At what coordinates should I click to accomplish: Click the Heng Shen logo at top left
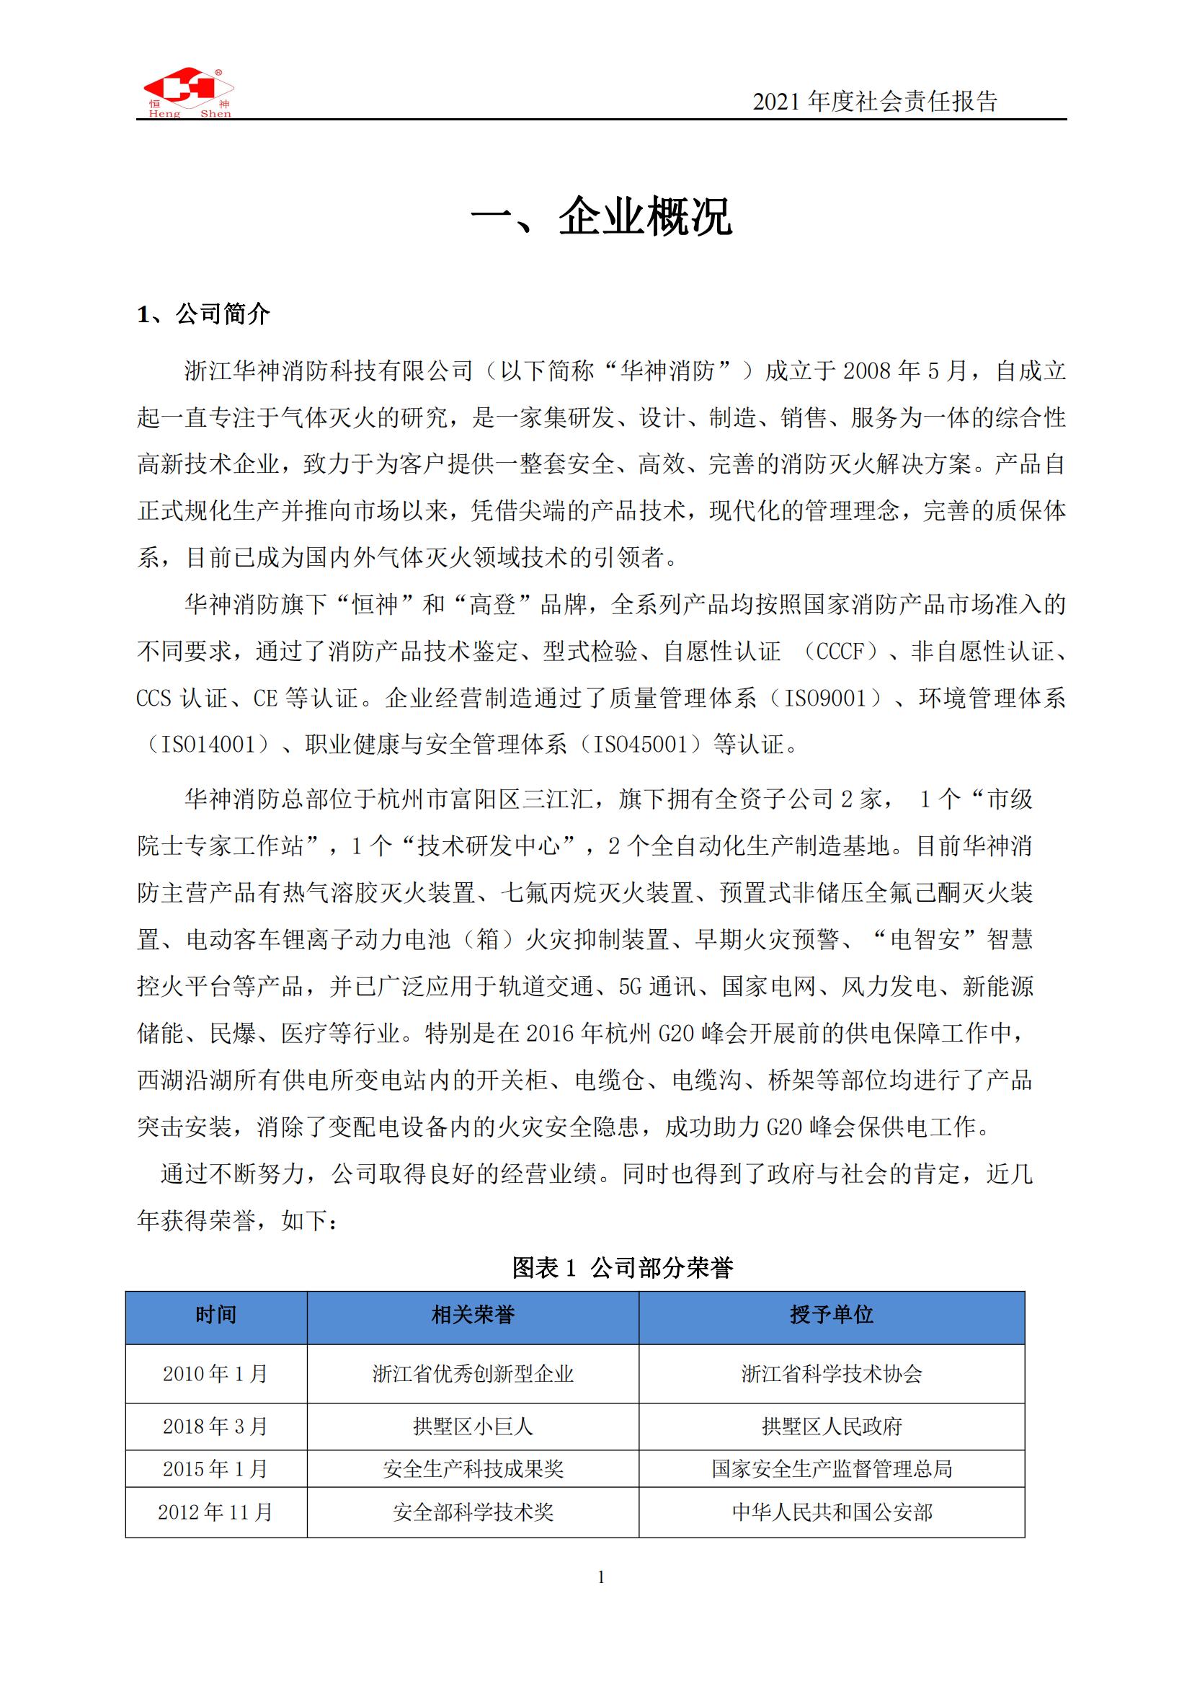[x=188, y=93]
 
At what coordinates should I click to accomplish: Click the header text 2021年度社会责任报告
[x=875, y=102]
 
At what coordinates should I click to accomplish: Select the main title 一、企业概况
[x=601, y=216]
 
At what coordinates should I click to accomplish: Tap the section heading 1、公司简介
[x=203, y=314]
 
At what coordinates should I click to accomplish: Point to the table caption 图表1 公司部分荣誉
[x=623, y=1267]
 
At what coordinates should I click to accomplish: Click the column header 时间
[x=215, y=1315]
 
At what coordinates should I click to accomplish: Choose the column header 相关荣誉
[x=473, y=1315]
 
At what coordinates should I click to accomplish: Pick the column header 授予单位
[x=831, y=1315]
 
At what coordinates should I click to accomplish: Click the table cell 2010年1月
[x=215, y=1374]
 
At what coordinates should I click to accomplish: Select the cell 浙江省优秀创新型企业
[x=473, y=1374]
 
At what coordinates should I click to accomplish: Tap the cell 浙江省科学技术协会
[x=831, y=1374]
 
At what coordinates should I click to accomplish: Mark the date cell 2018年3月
[x=215, y=1427]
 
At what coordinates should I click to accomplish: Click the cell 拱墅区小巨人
[x=473, y=1427]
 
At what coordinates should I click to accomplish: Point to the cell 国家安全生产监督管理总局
[x=831, y=1468]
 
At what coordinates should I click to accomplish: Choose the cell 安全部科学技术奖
[x=473, y=1512]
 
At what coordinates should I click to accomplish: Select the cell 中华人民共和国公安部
[x=831, y=1512]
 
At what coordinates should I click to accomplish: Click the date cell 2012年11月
[x=215, y=1512]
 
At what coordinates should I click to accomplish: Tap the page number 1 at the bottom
[x=601, y=1576]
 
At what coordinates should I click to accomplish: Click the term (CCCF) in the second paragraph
[x=842, y=652]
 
